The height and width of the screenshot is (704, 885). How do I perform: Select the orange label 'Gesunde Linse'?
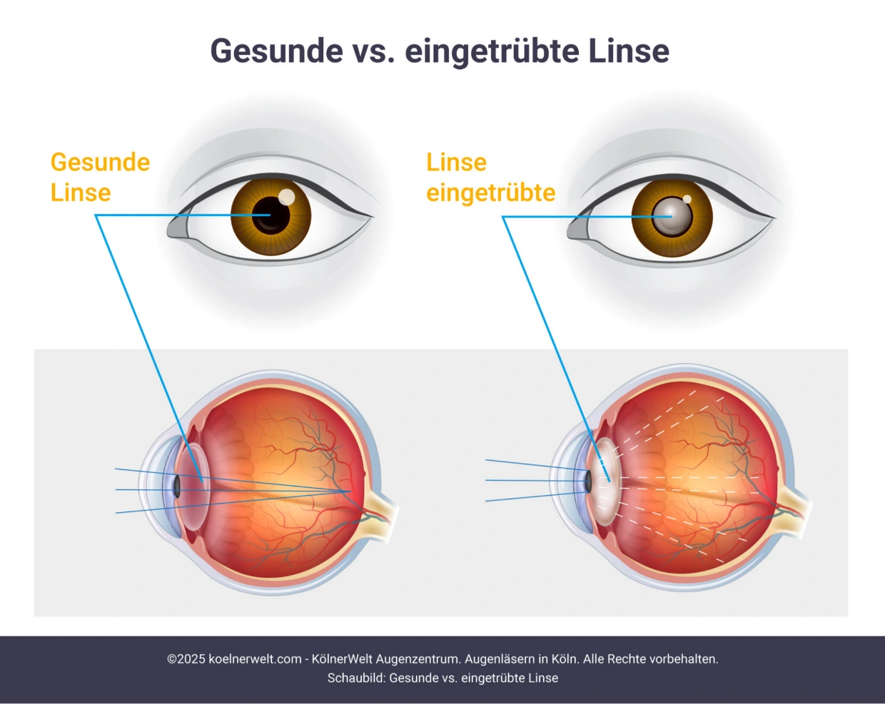100,178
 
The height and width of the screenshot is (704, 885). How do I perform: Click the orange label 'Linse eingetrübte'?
490,178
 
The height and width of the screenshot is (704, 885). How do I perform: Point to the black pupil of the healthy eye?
270,215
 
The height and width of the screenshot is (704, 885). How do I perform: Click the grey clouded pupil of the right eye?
670,216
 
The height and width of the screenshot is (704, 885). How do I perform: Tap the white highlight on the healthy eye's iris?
286,196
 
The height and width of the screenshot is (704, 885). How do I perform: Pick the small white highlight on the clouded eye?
687,199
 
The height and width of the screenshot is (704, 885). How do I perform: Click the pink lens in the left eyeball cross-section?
193,484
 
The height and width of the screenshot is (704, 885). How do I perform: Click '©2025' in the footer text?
186,659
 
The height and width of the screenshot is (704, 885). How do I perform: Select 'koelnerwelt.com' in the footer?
255,659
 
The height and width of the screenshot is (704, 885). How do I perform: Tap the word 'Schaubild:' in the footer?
356,678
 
